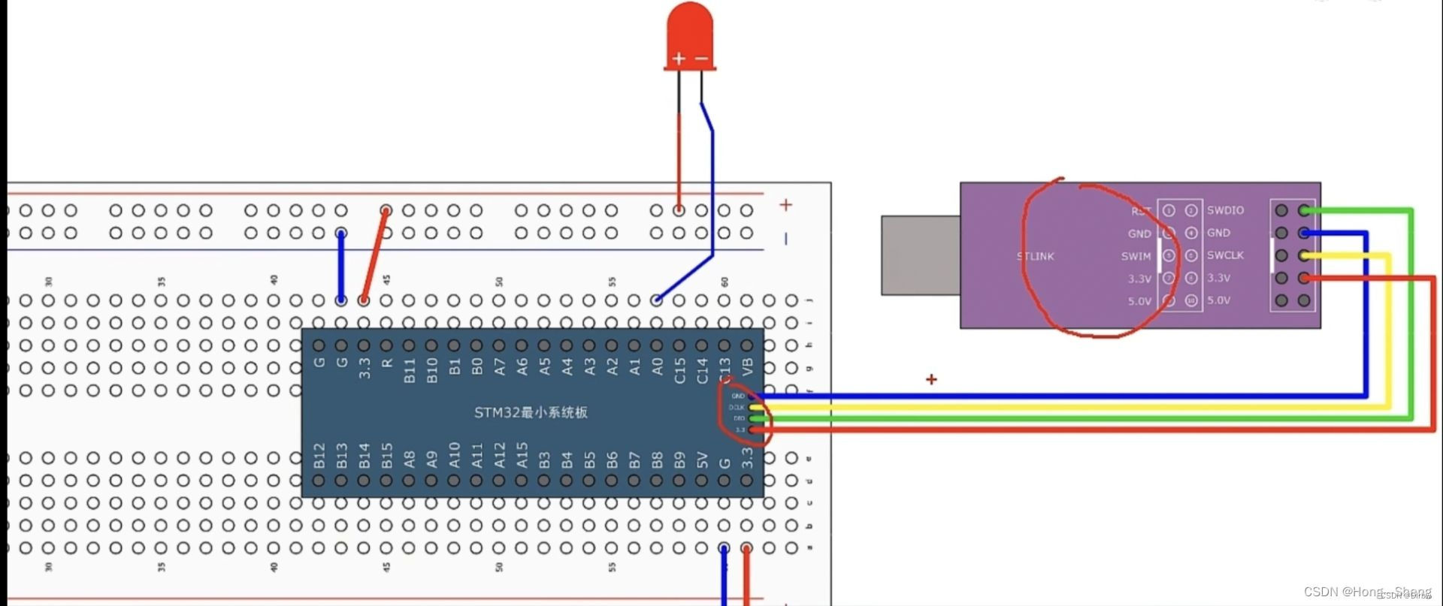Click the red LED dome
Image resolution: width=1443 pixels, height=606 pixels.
(x=689, y=30)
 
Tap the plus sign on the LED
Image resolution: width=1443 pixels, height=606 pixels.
(x=679, y=59)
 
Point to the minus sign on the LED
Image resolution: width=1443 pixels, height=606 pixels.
(x=702, y=59)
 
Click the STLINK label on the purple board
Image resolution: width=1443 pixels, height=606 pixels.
(x=1036, y=256)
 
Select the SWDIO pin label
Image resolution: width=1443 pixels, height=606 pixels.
(x=1225, y=210)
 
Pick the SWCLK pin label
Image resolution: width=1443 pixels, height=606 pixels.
(x=1225, y=255)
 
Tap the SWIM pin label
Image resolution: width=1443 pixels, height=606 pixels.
(x=1136, y=256)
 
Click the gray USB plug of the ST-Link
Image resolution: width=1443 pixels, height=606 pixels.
(x=920, y=255)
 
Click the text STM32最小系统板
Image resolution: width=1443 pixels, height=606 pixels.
(x=531, y=412)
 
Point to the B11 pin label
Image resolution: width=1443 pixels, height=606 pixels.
(x=410, y=370)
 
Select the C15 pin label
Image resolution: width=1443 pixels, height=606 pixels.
(x=680, y=370)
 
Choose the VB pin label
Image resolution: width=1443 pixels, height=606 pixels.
(x=748, y=366)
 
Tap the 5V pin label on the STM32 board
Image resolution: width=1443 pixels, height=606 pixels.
(x=703, y=459)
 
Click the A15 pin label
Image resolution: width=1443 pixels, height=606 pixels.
(x=522, y=456)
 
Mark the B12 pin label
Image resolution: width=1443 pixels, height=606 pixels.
(x=319, y=456)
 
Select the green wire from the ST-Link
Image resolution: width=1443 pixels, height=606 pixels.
(x=1411, y=315)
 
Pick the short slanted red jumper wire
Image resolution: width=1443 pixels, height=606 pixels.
(x=374, y=255)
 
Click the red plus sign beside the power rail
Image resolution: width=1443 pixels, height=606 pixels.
(x=785, y=205)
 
